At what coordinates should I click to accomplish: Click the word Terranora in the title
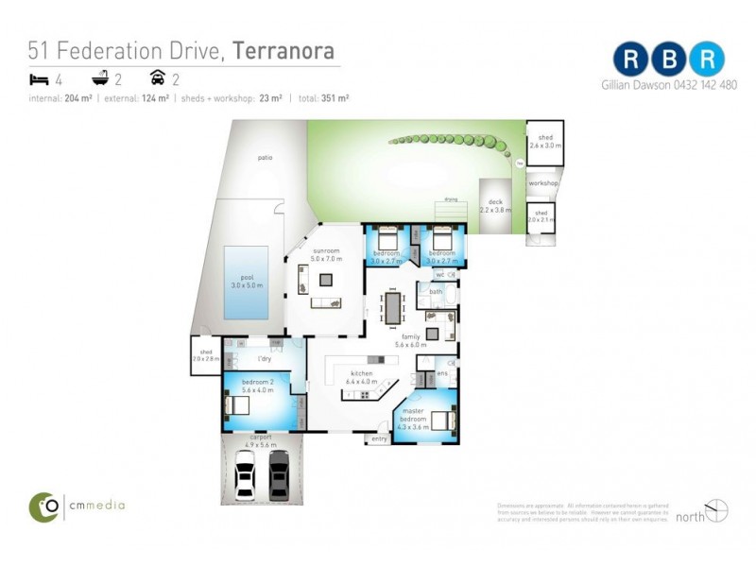tap(283, 51)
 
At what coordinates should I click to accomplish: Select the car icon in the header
tap(158, 79)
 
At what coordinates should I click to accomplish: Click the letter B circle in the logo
tap(669, 59)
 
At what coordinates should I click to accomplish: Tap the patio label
tap(265, 158)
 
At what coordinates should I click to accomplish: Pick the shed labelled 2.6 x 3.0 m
tap(544, 143)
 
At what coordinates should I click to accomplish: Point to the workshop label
tap(543, 182)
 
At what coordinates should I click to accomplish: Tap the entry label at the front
tap(379, 438)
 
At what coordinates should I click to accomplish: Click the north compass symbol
tap(717, 510)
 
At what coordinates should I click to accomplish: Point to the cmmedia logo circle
tap(43, 507)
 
